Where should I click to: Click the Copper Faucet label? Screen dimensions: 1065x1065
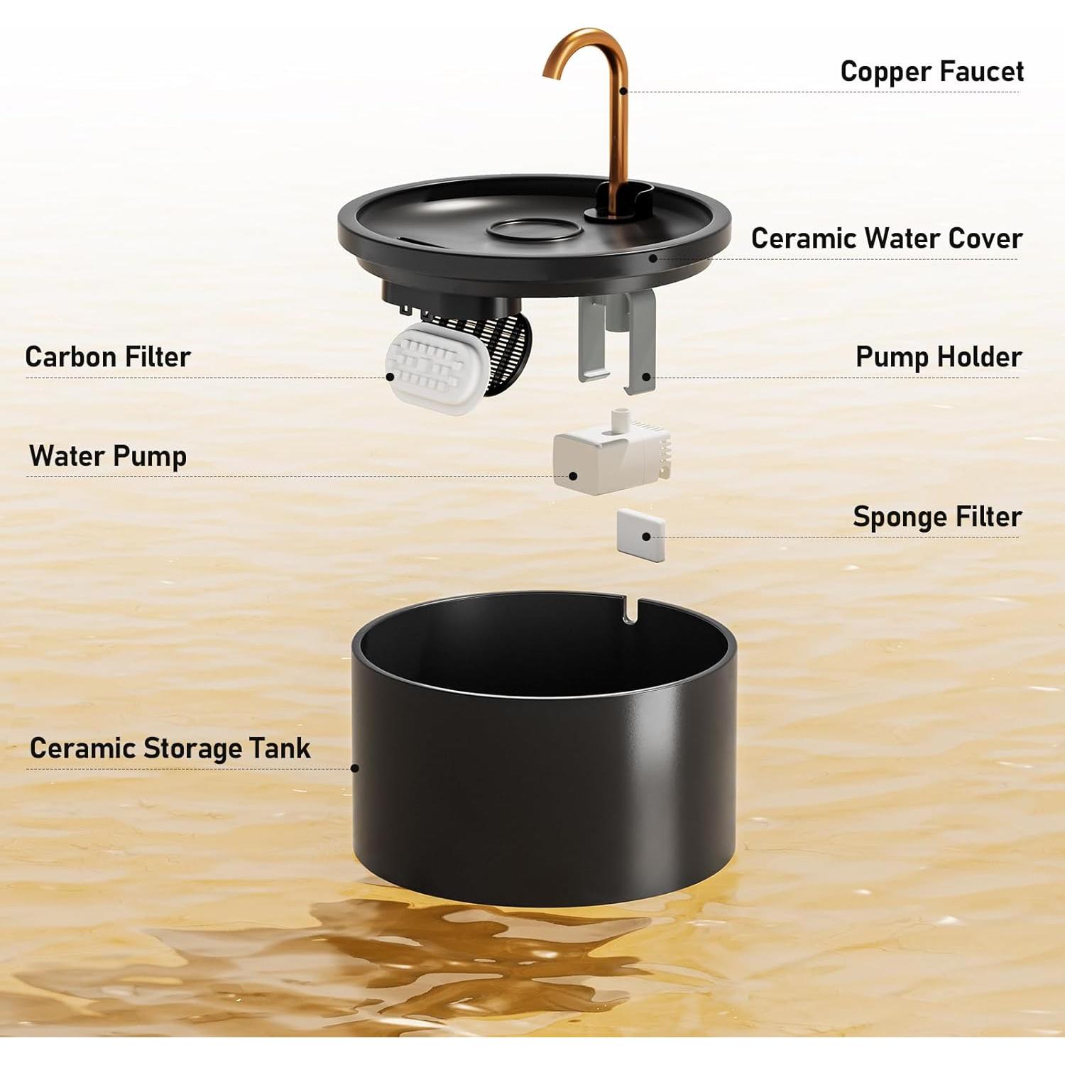(931, 72)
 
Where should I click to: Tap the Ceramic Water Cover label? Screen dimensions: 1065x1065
(886, 239)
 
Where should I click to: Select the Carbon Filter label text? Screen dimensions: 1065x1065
(108, 356)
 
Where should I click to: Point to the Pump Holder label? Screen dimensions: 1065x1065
(938, 356)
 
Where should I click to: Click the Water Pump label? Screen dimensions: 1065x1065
(108, 456)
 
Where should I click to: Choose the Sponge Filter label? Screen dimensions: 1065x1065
(936, 517)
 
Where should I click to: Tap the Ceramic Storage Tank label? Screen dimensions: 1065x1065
(170, 748)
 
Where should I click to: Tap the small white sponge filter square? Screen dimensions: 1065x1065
(640, 535)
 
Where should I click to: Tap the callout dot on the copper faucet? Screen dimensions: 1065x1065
(623, 91)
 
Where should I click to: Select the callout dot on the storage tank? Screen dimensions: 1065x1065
(355, 768)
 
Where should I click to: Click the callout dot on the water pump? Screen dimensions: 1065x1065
(573, 477)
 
